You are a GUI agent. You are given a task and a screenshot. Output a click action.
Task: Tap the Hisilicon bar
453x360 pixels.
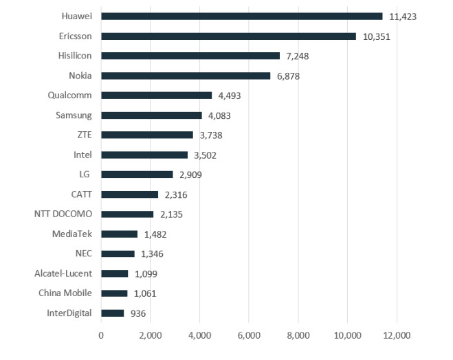[x=190, y=56]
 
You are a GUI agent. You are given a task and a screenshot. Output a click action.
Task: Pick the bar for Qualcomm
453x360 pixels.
[x=156, y=95]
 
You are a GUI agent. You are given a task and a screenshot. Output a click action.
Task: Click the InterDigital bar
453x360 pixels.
[x=113, y=313]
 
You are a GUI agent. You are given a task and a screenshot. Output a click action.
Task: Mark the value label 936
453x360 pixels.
[x=137, y=313]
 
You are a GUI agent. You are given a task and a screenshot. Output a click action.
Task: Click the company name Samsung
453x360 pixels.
[x=74, y=115]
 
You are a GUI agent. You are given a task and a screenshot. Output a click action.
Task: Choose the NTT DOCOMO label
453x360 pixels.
[x=63, y=214]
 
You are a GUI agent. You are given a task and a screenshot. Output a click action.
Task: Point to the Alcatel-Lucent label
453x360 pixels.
[x=63, y=273]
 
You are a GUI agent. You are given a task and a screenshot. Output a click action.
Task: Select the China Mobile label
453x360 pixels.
[x=66, y=293]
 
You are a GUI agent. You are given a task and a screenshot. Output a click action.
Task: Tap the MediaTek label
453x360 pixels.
[x=71, y=234]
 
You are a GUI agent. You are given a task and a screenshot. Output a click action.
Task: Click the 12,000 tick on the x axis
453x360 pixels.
[x=397, y=336]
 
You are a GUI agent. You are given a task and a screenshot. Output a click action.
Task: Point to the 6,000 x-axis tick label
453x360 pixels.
[x=249, y=336]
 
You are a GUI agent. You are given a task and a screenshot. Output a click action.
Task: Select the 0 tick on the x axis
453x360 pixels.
[x=101, y=336]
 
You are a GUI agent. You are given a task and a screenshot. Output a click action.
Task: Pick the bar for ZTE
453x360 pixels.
[x=147, y=135]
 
